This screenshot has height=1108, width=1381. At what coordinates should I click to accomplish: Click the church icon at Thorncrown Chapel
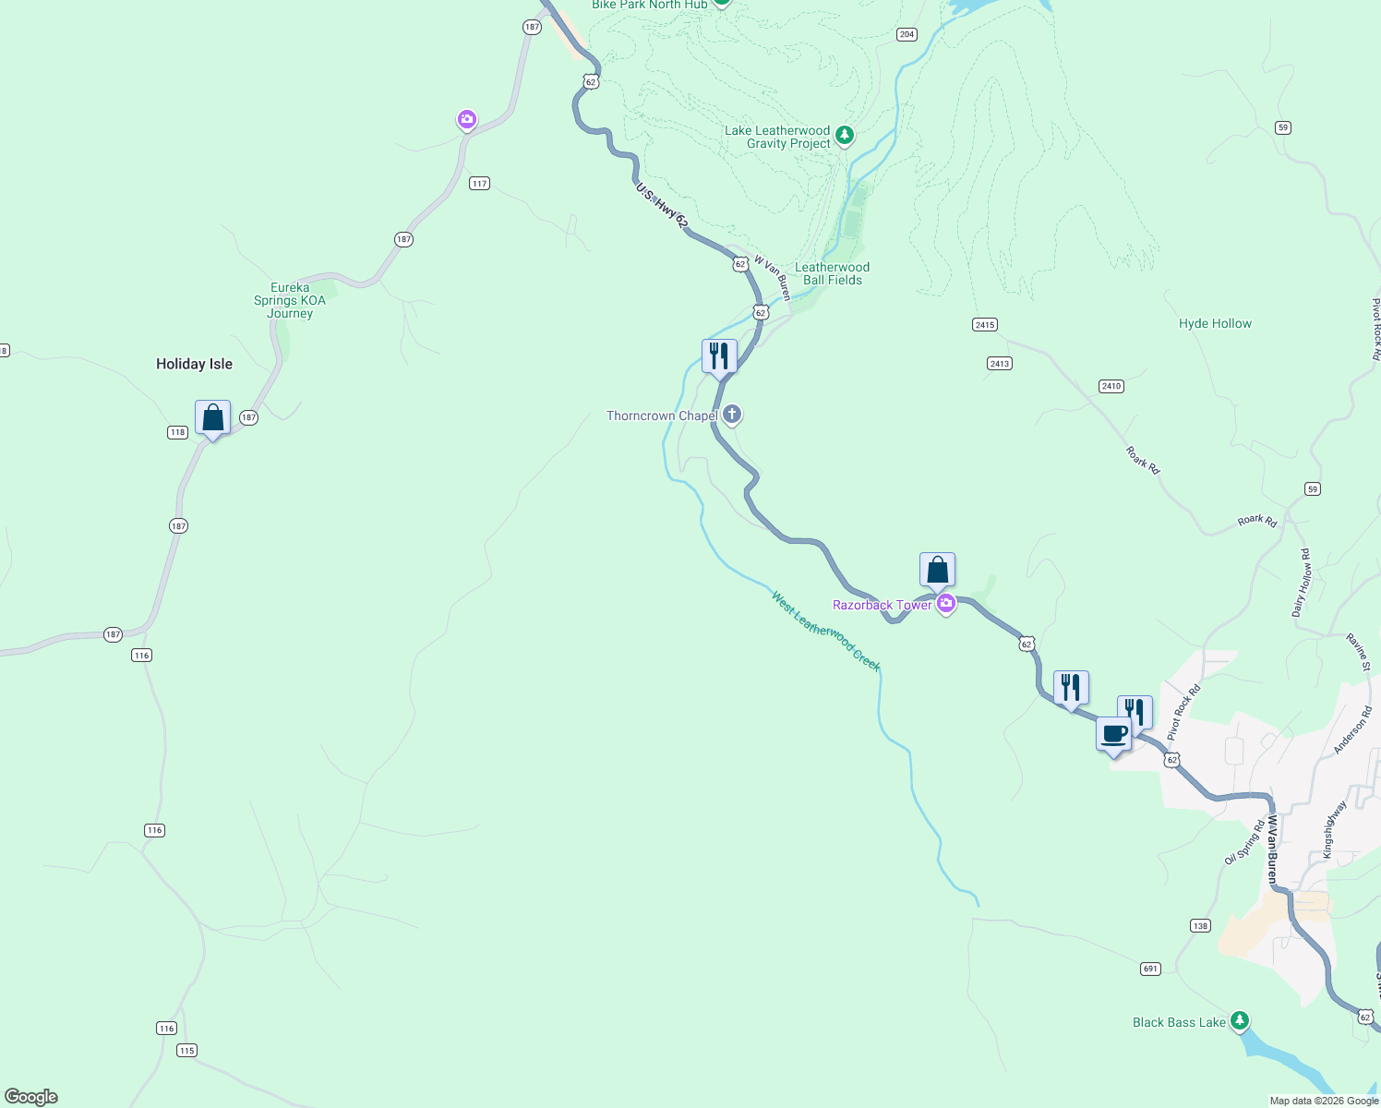click(x=732, y=415)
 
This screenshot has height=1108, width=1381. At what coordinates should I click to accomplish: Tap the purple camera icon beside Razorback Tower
click(x=945, y=605)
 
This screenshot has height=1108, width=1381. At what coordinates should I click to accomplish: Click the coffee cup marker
click(x=1114, y=735)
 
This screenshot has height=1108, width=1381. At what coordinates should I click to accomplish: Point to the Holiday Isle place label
click(x=194, y=364)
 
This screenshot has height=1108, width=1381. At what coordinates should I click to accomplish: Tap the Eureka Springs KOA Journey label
click(x=290, y=300)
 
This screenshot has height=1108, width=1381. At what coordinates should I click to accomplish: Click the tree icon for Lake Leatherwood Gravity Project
click(x=844, y=137)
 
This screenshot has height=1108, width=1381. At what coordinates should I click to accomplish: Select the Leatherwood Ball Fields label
click(x=832, y=273)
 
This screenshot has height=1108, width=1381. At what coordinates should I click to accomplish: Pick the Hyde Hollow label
click(x=1215, y=323)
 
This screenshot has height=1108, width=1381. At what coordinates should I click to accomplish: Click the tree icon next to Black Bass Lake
click(x=1240, y=1021)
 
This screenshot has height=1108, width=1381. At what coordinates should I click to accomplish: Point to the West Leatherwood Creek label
click(x=826, y=632)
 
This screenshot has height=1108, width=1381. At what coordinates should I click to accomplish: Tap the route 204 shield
click(x=907, y=34)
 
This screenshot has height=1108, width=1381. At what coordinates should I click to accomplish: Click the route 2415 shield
click(x=984, y=325)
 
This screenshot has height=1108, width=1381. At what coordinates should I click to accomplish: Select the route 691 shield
click(x=1150, y=969)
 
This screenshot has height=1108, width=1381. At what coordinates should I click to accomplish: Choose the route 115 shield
click(x=187, y=1050)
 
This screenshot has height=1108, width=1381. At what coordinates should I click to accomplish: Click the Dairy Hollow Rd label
click(x=1301, y=583)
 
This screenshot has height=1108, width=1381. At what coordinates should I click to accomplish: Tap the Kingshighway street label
click(x=1335, y=830)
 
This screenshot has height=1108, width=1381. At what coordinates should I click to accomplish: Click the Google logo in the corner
click(x=31, y=1097)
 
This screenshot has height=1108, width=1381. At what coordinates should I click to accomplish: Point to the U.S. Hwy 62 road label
click(x=662, y=206)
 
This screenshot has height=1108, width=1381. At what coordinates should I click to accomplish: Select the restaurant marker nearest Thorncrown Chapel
click(x=719, y=356)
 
